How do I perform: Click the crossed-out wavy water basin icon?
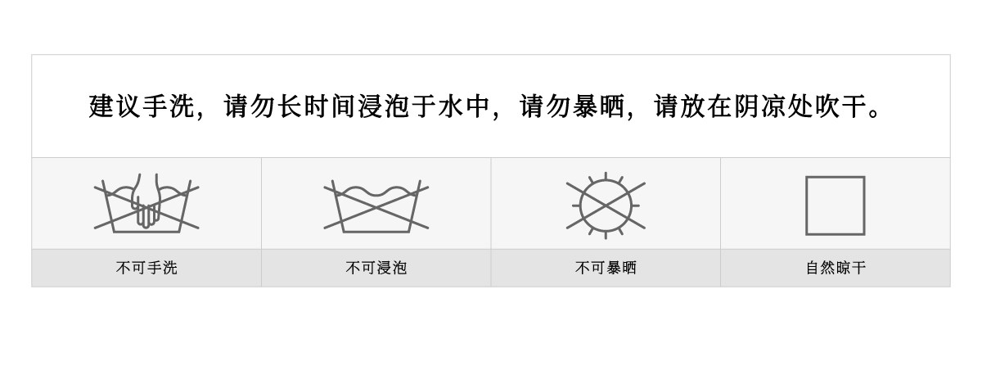376,206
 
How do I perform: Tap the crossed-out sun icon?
606,206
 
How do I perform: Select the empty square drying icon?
836,206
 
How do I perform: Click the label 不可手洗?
146,268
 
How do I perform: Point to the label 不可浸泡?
376,268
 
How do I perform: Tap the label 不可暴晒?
606,268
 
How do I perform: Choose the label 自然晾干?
836,268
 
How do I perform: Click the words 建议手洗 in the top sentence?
141,106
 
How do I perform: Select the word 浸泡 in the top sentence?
383,106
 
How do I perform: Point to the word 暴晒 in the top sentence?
599,106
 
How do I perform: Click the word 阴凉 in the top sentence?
760,106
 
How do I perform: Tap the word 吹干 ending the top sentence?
841,106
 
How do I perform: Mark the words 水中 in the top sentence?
464,106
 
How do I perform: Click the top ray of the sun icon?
606,175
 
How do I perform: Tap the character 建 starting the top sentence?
101,106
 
